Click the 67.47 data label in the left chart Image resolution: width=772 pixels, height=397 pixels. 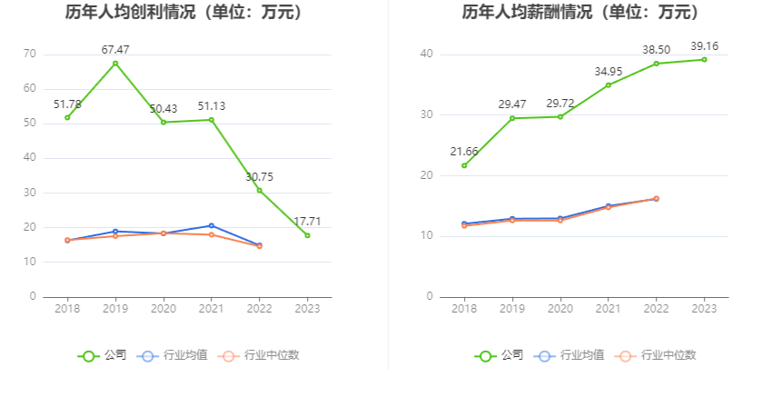click(115, 50)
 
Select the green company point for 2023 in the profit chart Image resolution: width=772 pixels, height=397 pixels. click(307, 235)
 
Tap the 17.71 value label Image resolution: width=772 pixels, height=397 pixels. click(307, 222)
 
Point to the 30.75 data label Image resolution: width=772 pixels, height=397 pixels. click(259, 177)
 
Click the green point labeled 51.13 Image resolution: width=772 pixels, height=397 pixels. click(211, 120)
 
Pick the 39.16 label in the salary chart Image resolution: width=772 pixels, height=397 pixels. click(704, 45)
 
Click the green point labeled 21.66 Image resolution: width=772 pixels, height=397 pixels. click(464, 165)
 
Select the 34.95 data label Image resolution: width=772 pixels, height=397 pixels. click(608, 71)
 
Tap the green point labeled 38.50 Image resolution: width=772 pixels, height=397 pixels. click(656, 64)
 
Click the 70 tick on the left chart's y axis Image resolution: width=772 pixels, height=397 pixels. click(30, 55)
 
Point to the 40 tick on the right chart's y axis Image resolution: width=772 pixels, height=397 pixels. click(425, 55)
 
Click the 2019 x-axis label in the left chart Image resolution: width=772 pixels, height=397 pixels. click(115, 309)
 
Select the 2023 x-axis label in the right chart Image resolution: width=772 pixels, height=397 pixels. click(704, 309)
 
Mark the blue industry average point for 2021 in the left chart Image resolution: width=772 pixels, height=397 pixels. click(211, 225)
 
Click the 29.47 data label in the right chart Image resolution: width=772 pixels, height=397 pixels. click(512, 104)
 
